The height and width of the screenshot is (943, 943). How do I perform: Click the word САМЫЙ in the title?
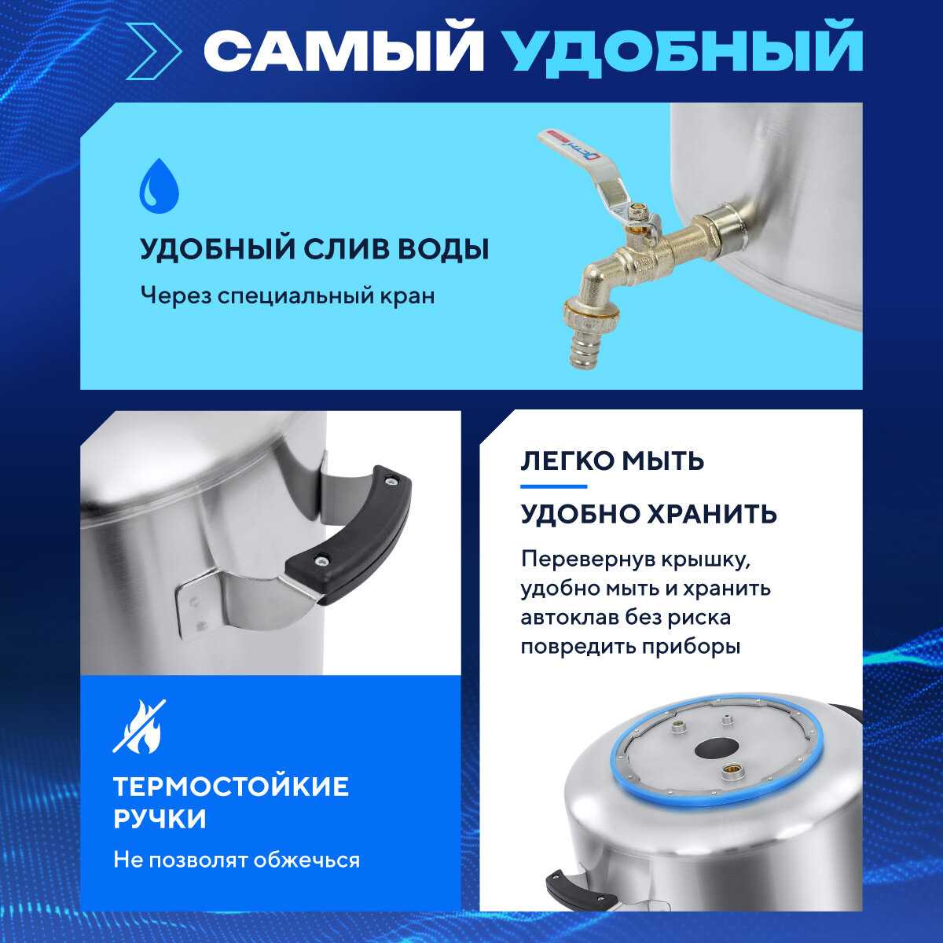pos(343,50)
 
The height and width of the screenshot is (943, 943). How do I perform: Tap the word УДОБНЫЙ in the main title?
pos(683,50)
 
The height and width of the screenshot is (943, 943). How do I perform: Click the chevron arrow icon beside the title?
pos(153,51)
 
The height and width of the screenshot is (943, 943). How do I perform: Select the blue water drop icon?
pos(159,185)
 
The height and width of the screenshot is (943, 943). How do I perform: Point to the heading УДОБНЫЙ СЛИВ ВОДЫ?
pos(314,249)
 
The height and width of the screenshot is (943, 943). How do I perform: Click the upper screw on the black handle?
pos(390,482)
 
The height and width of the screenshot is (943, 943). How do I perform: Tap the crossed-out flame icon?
pos(139,726)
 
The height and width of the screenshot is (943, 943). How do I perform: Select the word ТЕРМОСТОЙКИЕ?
pos(231,787)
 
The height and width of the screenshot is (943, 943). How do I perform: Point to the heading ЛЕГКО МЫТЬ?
pos(612,460)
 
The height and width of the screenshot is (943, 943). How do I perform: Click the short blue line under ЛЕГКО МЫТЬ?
pos(553,486)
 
